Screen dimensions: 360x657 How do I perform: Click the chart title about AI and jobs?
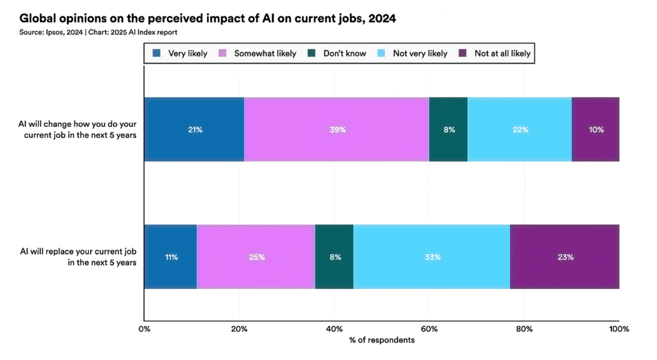208,18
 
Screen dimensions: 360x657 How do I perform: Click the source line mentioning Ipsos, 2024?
99,32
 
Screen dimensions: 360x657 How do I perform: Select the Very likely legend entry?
180,53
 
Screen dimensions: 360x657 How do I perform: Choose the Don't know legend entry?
338,53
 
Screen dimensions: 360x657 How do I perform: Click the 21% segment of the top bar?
194,129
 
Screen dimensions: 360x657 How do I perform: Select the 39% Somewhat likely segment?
336,129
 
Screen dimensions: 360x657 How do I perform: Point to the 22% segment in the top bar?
520,129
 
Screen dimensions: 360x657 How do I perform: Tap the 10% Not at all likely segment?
595,129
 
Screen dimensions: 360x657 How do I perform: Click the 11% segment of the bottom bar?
170,257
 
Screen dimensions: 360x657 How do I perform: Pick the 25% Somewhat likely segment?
256,257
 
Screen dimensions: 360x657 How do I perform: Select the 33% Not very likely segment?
432,257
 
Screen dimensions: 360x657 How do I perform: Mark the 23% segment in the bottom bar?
564,257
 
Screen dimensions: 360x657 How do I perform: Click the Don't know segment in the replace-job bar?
334,257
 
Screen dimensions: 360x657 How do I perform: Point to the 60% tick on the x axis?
429,328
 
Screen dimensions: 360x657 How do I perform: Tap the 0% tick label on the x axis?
145,328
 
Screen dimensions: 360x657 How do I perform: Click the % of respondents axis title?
382,340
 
